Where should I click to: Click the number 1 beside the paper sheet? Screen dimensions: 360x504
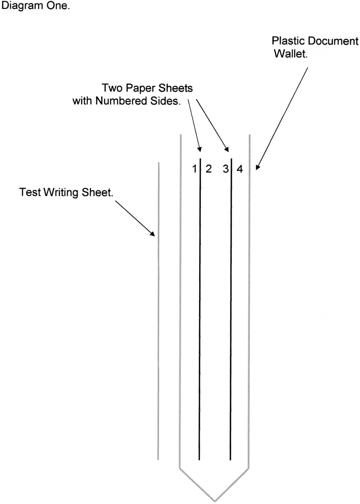[195, 169]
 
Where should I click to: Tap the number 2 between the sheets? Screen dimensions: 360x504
[209, 169]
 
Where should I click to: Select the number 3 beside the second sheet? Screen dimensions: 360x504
[226, 169]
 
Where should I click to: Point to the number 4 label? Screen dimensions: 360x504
[240, 169]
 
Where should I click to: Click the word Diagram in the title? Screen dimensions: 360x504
[22, 6]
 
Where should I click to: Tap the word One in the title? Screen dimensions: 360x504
[58, 6]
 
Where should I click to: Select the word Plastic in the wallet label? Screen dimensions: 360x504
[288, 41]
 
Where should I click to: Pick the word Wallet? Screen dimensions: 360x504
[291, 54]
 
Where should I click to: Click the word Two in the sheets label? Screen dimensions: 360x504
[112, 88]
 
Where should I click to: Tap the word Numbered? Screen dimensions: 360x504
[121, 101]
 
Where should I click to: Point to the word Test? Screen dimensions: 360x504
[30, 192]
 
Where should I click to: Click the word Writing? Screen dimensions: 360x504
[61, 193]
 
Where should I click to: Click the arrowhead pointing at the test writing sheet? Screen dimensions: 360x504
[152, 234]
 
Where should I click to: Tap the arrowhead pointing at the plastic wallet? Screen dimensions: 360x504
[258, 167]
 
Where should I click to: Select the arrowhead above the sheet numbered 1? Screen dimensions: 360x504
[199, 149]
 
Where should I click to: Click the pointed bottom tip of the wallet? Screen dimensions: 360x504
[215, 501]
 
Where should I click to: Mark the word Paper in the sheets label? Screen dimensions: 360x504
[140, 88]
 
